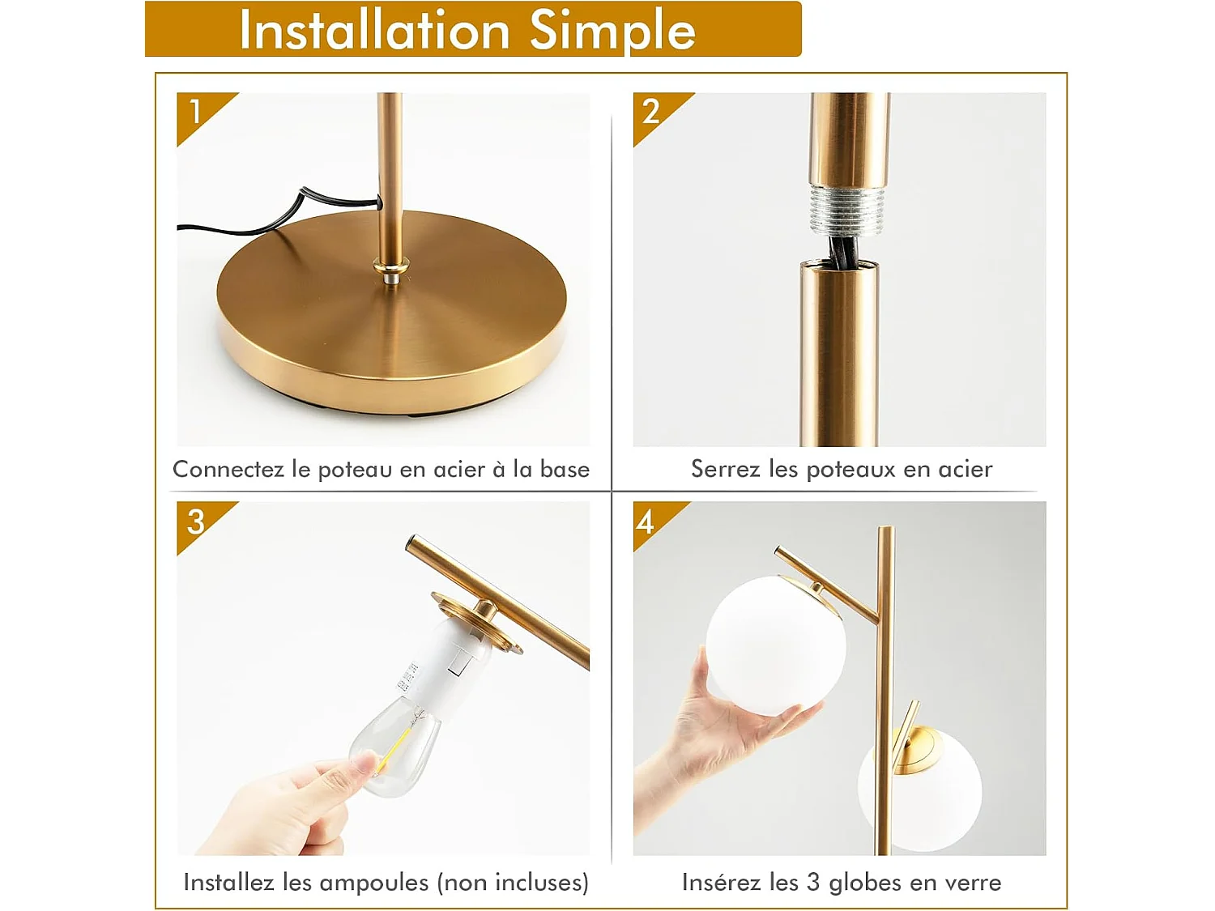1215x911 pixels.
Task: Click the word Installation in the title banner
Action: pos(373,31)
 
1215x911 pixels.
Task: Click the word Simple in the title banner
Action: pos(612,31)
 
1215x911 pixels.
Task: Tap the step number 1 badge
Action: pos(195,112)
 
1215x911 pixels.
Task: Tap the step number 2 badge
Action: pos(651,112)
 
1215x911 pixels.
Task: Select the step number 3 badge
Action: pos(195,521)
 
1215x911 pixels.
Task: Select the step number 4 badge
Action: pos(646,521)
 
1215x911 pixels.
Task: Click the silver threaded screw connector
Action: pos(846,208)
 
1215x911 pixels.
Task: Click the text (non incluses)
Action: pos(513,883)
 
